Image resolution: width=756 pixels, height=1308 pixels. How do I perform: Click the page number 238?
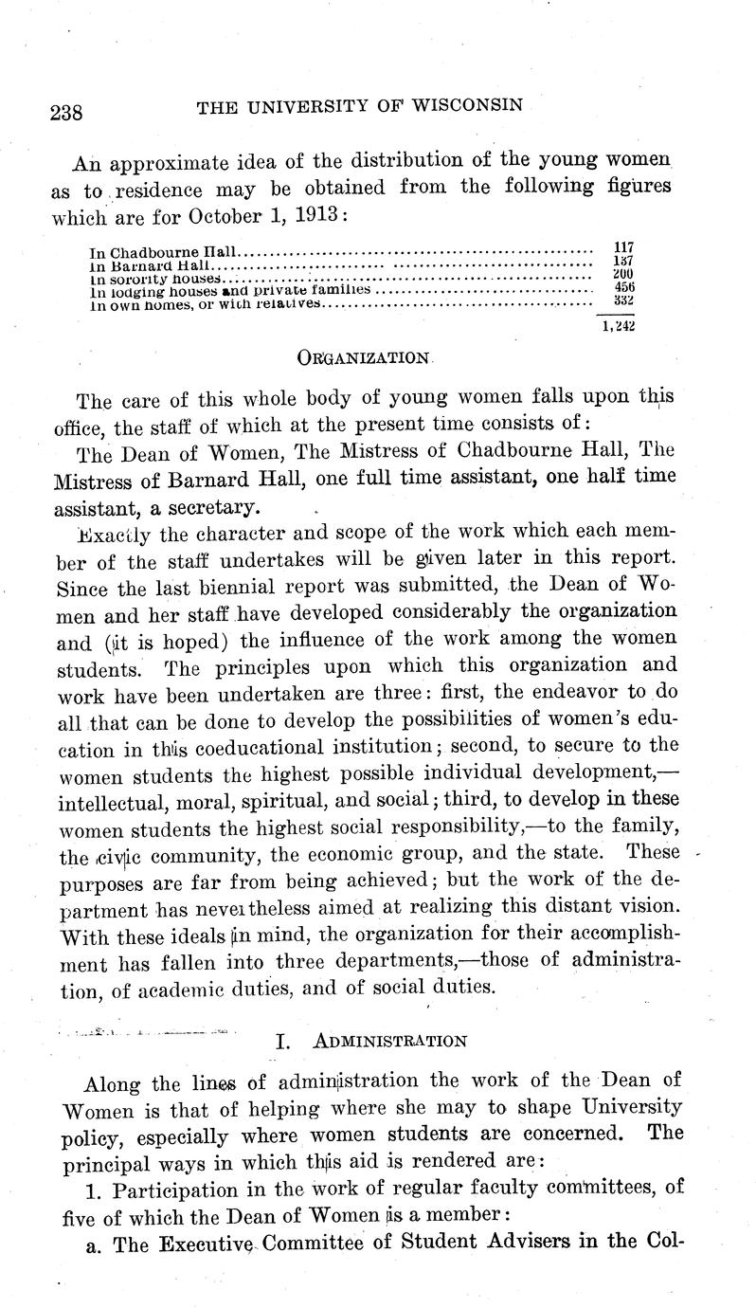(x=65, y=114)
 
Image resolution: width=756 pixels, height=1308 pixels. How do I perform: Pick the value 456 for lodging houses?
(x=623, y=287)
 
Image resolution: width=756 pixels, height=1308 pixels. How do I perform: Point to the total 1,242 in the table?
(x=618, y=326)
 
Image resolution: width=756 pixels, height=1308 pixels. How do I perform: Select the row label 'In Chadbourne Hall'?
(x=163, y=253)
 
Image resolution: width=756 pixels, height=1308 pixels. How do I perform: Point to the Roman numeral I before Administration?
(x=281, y=1041)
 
